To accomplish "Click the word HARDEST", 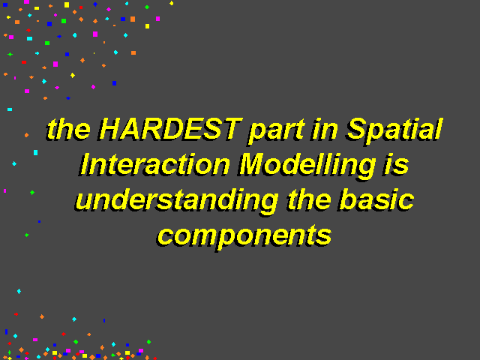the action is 170,128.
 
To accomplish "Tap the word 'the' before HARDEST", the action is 68,128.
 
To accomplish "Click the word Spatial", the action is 394,130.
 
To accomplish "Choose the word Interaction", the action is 155,165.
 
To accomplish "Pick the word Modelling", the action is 307,166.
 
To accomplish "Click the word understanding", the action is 177,202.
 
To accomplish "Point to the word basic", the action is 376,200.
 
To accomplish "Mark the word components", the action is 244,237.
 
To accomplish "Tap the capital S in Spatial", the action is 358,128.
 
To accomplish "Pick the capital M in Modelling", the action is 254,165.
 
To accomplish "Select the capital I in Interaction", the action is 85,165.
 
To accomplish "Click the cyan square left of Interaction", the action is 35,152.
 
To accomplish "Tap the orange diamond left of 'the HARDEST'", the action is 27,135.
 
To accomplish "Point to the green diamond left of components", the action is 27,235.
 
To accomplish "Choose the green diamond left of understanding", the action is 32,193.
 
